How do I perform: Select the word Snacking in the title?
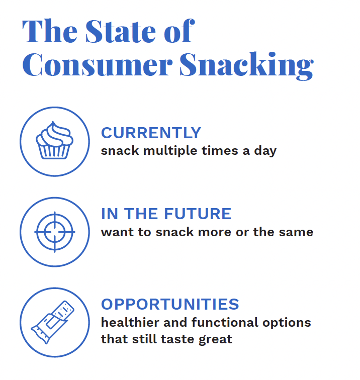click(x=246, y=65)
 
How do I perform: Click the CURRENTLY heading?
click(x=151, y=133)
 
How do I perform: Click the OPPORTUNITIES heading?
click(x=170, y=304)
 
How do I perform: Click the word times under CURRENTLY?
click(x=215, y=151)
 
